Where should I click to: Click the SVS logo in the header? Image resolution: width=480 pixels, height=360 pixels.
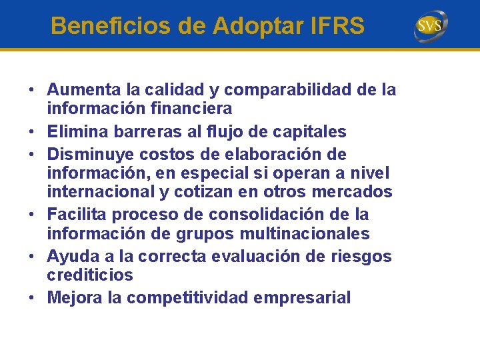click(x=431, y=26)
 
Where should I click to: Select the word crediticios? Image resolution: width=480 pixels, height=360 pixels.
click(x=90, y=275)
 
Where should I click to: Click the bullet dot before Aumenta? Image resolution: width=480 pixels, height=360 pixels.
click(x=31, y=90)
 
